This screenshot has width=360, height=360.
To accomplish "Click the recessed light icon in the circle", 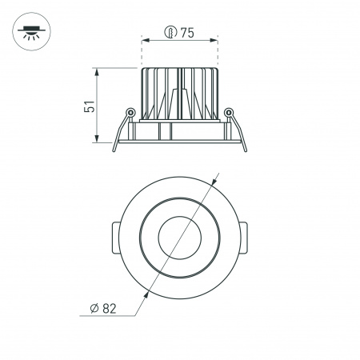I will (x=30, y=31).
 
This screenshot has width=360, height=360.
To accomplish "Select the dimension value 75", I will (x=187, y=33).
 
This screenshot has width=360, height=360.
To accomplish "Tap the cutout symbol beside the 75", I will (x=170, y=33).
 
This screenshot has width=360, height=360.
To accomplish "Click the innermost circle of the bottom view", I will (x=180, y=238).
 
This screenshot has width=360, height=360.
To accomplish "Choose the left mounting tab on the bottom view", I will (x=112, y=238).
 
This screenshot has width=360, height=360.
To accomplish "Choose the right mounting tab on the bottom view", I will (x=247, y=238).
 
